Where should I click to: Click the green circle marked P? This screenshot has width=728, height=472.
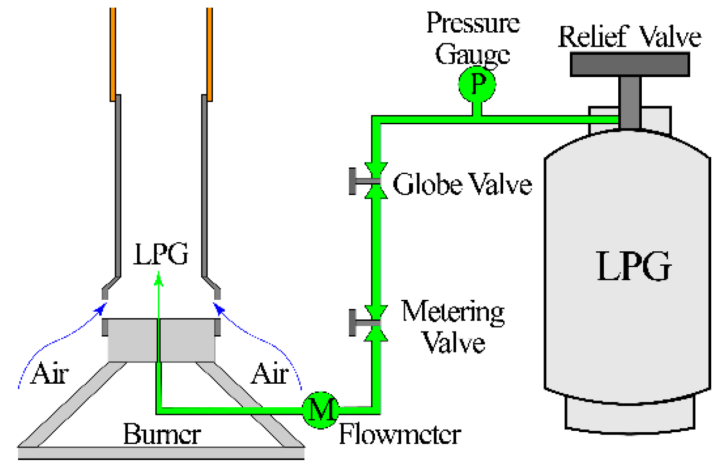click(x=476, y=85)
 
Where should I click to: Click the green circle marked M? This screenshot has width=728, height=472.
click(x=320, y=410)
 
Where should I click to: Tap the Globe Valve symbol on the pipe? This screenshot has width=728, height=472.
click(x=376, y=181)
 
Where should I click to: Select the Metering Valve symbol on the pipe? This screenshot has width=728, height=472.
click(x=376, y=323)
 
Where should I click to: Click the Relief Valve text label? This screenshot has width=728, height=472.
click(x=629, y=37)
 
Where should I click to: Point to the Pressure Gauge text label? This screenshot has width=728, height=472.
click(x=473, y=38)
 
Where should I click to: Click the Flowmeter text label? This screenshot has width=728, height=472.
click(x=400, y=435)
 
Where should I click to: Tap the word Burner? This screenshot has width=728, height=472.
click(x=162, y=435)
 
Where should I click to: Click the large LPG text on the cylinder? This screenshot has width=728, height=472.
click(x=634, y=266)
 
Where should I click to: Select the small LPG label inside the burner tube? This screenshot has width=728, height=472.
click(x=161, y=254)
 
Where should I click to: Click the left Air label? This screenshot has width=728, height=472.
click(x=49, y=374)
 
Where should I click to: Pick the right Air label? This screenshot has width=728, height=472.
click(x=270, y=374)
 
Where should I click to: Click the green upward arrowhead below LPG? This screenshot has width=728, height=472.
click(x=159, y=279)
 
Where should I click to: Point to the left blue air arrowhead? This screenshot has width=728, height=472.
click(x=101, y=308)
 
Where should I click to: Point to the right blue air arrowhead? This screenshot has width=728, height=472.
click(x=218, y=308)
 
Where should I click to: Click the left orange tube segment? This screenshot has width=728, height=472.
click(x=113, y=53)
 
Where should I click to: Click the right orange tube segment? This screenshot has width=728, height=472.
click(x=209, y=53)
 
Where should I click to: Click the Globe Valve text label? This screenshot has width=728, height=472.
click(x=462, y=184)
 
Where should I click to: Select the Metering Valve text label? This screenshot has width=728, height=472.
click(x=452, y=327)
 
